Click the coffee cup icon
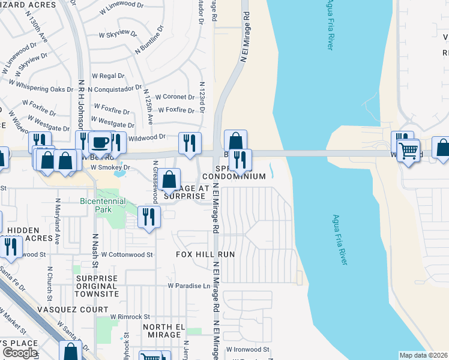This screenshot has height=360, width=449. click(100, 143)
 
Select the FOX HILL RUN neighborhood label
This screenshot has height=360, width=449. click(205, 254)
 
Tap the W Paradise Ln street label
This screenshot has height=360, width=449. click(189, 286)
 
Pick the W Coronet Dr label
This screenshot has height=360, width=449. click(175, 97)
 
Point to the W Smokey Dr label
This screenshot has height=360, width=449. click(109, 167)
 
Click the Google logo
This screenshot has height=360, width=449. click(20, 352)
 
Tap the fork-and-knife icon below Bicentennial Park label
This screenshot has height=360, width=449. click(148, 217)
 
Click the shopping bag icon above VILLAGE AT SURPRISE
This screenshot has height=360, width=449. click(170, 179)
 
